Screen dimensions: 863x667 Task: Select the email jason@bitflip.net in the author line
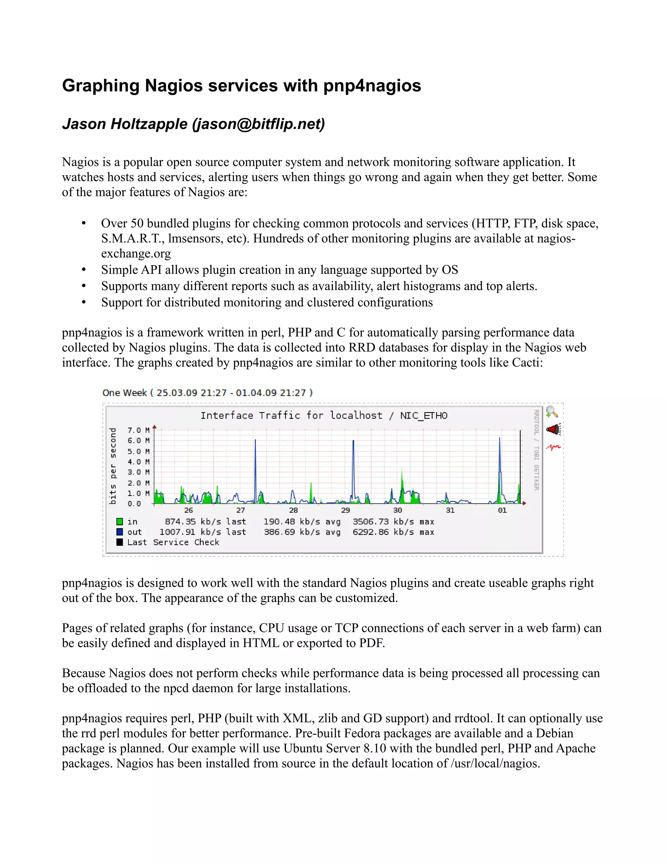point(258,124)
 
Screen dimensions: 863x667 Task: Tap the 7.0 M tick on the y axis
point(138,430)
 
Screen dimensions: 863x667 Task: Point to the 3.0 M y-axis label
point(138,472)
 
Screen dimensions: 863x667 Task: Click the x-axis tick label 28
point(293,510)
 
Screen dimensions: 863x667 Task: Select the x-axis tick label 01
point(502,510)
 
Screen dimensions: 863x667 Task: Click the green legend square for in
point(119,522)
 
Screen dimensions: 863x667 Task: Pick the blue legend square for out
point(119,532)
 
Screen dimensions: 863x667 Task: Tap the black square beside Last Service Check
point(119,542)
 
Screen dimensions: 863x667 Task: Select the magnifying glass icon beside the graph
point(552,412)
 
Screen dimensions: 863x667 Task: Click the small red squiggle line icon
point(553,447)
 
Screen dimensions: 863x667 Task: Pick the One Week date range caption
point(207,393)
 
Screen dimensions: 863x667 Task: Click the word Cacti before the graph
point(526,362)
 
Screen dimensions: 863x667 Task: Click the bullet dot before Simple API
point(83,270)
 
